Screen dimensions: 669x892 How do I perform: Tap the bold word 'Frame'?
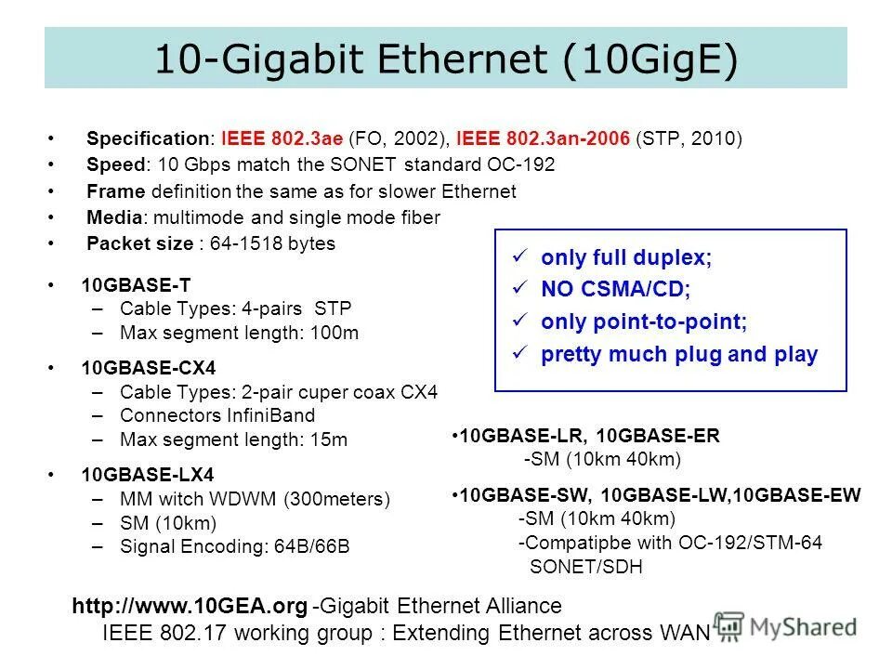coord(115,191)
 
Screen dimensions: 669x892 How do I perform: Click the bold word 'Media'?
coord(114,217)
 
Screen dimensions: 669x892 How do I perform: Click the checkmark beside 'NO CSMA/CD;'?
coord(520,289)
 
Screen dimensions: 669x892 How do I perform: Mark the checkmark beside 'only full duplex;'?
coord(520,257)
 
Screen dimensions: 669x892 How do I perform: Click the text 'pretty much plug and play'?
coord(679,354)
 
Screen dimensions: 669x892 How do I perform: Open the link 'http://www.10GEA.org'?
coord(190,607)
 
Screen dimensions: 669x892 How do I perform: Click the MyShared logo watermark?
coord(786,627)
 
